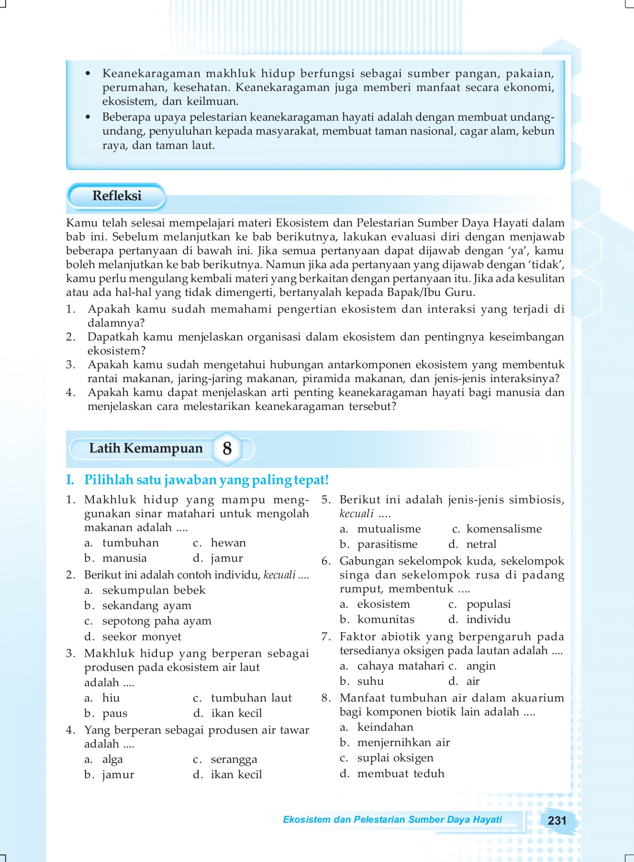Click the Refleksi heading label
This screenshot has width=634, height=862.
pos(117,196)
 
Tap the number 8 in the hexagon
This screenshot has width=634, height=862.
pos(227,449)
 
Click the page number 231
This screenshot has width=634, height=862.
pos(556,820)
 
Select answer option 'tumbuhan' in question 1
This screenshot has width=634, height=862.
pos(130,543)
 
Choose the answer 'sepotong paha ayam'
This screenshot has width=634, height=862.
pos(156,621)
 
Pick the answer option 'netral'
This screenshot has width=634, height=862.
pos(481,544)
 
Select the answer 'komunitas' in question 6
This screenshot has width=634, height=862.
pos(386,619)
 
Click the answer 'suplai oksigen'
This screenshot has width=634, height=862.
pos(395,758)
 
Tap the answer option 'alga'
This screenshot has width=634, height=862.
pos(112,759)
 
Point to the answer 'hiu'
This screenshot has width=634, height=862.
pos(111,698)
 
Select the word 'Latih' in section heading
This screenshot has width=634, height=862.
pos(104,448)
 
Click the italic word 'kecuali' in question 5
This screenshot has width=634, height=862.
pos(356,514)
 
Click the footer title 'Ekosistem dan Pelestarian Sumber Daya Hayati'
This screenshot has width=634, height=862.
pos(392,819)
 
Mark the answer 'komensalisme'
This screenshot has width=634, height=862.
pos(504,529)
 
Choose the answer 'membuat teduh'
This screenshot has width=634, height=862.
pos(400,773)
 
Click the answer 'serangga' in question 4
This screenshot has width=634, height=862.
pos(234,759)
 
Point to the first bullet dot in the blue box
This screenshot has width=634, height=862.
pos(88,73)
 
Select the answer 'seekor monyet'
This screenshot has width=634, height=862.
pos(142,636)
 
